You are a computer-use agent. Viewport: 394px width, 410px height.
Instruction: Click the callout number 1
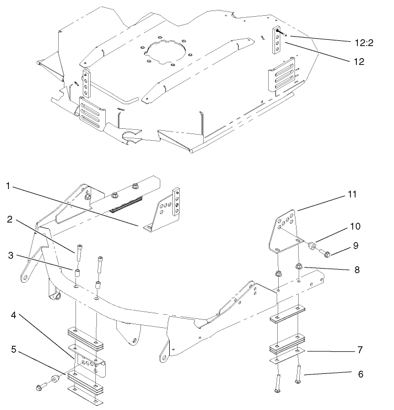point(8,186)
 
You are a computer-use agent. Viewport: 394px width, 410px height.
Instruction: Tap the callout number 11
point(353,194)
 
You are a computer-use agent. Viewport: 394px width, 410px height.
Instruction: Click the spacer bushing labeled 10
point(312,245)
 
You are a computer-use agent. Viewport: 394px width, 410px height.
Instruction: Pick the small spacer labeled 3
point(76,273)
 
